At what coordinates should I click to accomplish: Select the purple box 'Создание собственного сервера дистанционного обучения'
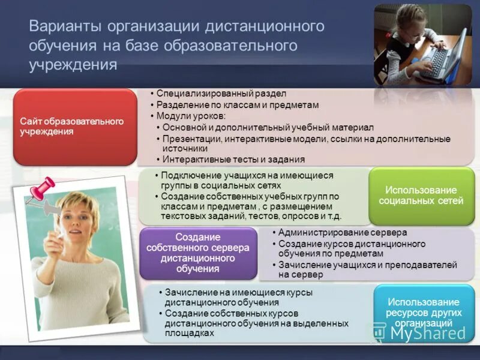(198, 253)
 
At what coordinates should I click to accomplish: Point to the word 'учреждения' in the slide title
(73, 64)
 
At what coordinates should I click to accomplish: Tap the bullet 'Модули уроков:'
(191, 116)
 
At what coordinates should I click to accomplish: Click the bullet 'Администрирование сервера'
(343, 232)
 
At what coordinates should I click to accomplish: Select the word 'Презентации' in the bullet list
(191, 139)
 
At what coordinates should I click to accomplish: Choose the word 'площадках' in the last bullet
(190, 332)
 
